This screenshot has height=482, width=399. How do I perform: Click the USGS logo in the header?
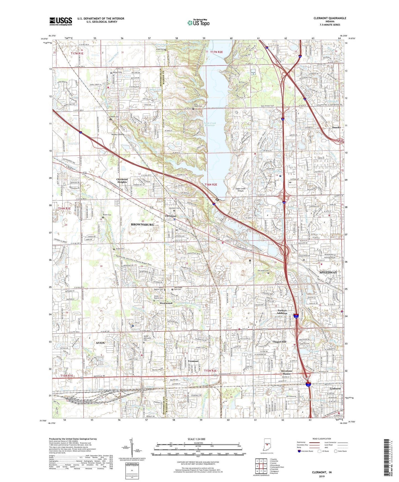tap(61, 21)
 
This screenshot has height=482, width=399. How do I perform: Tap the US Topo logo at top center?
tap(198, 23)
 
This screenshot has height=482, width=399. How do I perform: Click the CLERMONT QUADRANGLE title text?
tap(330, 18)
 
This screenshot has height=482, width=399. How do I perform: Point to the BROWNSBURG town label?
tap(142, 225)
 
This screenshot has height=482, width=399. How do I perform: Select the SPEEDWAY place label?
tap(328, 272)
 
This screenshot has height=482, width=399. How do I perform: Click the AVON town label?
tap(100, 343)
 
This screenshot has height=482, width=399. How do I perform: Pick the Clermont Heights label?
tap(122, 181)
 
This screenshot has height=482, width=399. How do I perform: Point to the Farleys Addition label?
tap(282, 312)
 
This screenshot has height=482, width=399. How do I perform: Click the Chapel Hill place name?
tap(279, 342)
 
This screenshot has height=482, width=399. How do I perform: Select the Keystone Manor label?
tap(287, 372)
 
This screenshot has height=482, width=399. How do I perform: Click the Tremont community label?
tap(193, 361)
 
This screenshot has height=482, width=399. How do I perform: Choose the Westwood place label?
tap(166, 303)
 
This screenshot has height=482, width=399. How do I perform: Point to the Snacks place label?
tap(336, 127)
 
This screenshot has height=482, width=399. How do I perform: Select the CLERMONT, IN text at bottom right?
tap(322, 472)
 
